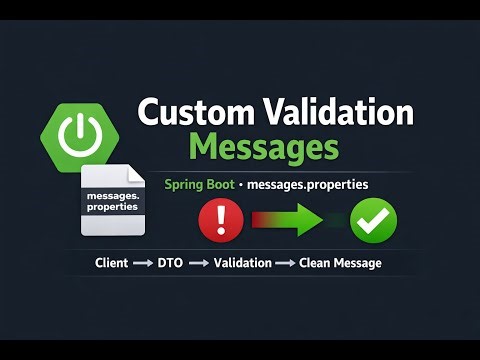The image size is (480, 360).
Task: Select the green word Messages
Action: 264,147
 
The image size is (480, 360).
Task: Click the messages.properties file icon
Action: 112,202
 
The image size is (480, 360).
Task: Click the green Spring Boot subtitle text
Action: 199,186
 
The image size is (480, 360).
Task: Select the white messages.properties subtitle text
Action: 307,186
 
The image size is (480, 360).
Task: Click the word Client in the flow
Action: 112,264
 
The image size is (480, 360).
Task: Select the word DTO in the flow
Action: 170,264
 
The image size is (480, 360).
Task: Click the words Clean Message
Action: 341,264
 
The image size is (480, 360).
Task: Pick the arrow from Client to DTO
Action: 142,264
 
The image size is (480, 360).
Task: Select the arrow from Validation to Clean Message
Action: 285,264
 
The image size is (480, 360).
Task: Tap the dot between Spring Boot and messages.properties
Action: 239,186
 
